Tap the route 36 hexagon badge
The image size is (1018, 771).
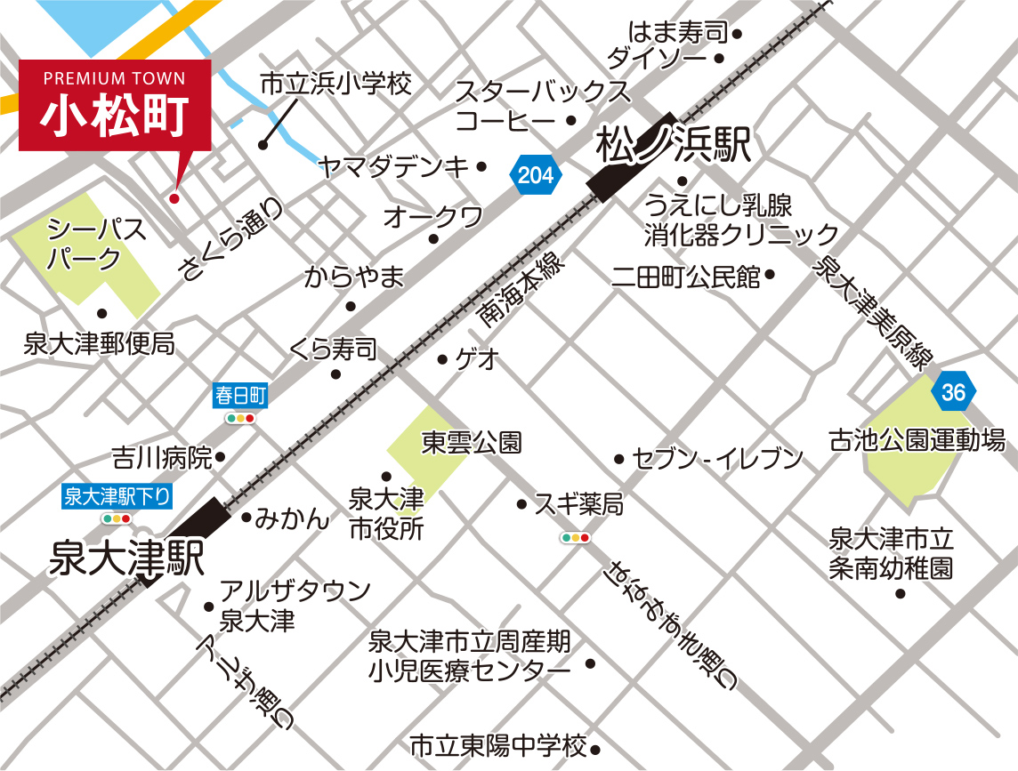coord(953,392)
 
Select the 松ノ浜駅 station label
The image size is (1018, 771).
coord(675,145)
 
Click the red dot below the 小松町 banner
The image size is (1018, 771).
coord(174,197)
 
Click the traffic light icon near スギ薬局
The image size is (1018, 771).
coord(575,538)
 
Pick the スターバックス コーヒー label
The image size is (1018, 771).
coord(543,105)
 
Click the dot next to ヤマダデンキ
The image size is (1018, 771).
coord(481,166)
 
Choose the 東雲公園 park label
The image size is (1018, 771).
coord(472,441)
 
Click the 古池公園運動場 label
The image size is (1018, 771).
coord(917,439)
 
